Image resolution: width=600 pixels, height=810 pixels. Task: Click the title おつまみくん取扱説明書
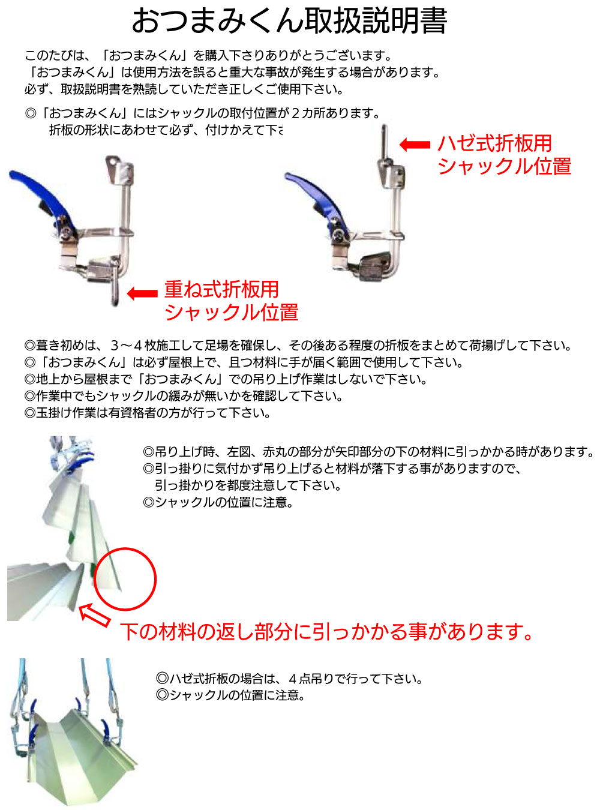tap(289, 21)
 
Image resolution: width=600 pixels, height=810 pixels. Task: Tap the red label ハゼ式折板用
tap(494, 143)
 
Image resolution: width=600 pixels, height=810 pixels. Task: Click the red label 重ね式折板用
tap(221, 289)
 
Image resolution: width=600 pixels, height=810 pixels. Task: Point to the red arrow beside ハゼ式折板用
tap(415, 145)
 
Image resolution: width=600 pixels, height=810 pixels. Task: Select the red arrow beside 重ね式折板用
tap(142, 293)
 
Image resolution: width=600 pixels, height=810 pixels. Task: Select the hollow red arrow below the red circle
tap(95, 615)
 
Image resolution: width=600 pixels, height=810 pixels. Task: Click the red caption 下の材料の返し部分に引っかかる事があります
tap(327, 632)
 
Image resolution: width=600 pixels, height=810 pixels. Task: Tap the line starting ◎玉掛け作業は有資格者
tap(148, 413)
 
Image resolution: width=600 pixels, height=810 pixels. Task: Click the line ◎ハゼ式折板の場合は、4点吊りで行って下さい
tap(289, 679)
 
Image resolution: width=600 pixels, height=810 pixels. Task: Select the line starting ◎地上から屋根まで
tap(226, 379)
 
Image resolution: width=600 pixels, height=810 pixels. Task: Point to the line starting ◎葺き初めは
tap(298, 345)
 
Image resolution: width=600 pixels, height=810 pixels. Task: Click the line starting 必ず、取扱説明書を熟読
tap(184, 89)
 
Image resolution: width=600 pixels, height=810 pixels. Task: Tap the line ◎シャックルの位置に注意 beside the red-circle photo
tap(218, 503)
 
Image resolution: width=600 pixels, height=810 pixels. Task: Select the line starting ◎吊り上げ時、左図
tap(369, 452)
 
